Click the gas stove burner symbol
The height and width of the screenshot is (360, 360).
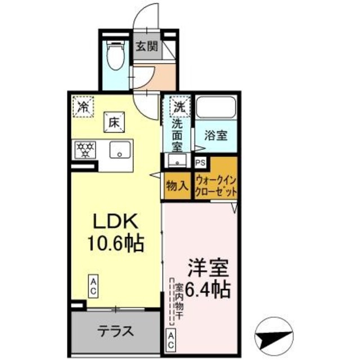coord(85,149)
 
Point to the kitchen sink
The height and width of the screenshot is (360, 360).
coord(119,150)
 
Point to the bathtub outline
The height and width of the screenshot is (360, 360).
coord(216,107)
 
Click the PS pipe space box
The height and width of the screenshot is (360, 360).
coord(200,163)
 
